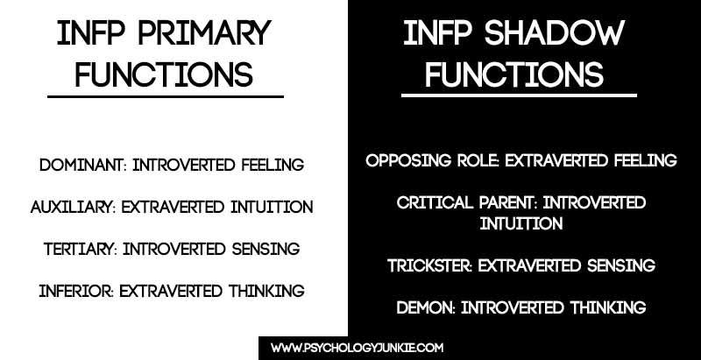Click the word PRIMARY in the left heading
point(205,33)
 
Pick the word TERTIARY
point(80,249)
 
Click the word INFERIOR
point(76,291)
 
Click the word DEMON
point(426,307)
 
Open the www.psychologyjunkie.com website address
point(358,348)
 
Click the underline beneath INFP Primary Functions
point(166,96)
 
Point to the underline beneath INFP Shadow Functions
point(519,95)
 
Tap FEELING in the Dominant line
point(273,165)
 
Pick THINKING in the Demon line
point(608,307)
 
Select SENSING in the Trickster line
point(621,265)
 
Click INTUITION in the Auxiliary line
point(272,207)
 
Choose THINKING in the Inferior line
point(266,291)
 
